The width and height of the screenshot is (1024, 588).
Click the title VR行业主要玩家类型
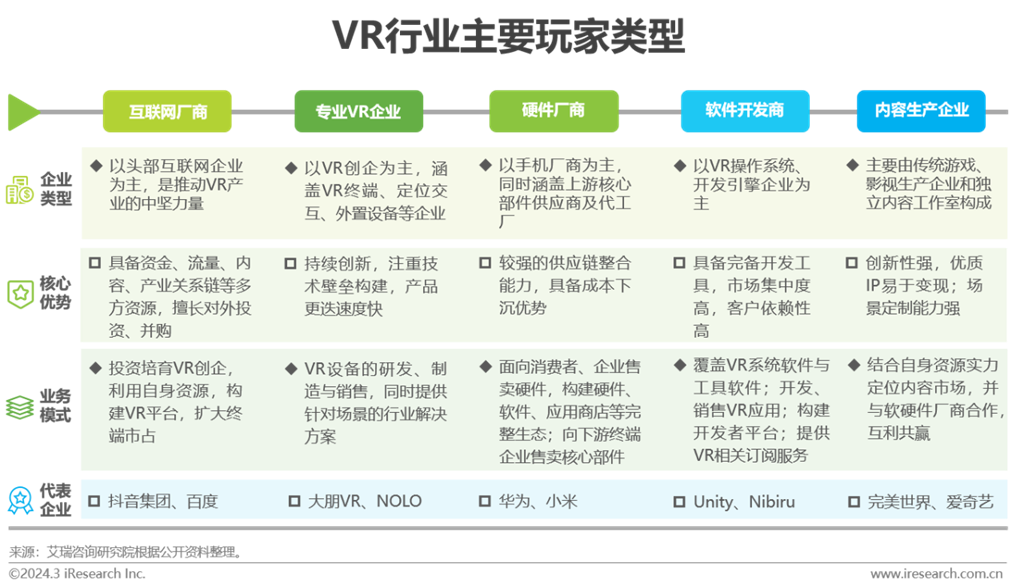pyautogui.click(x=510, y=38)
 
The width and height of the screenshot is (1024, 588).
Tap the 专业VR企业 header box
pyautogui.click(x=358, y=111)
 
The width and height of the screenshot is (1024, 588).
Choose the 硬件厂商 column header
pyautogui.click(x=553, y=110)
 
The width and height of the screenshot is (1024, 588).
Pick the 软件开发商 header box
pyautogui.click(x=744, y=110)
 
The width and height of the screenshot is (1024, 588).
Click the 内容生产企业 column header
pyautogui.click(x=921, y=110)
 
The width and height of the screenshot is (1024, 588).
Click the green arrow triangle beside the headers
pyautogui.click(x=22, y=111)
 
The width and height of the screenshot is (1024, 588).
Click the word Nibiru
pyautogui.click(x=772, y=501)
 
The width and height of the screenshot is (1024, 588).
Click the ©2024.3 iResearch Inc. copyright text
pyautogui.click(x=77, y=574)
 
